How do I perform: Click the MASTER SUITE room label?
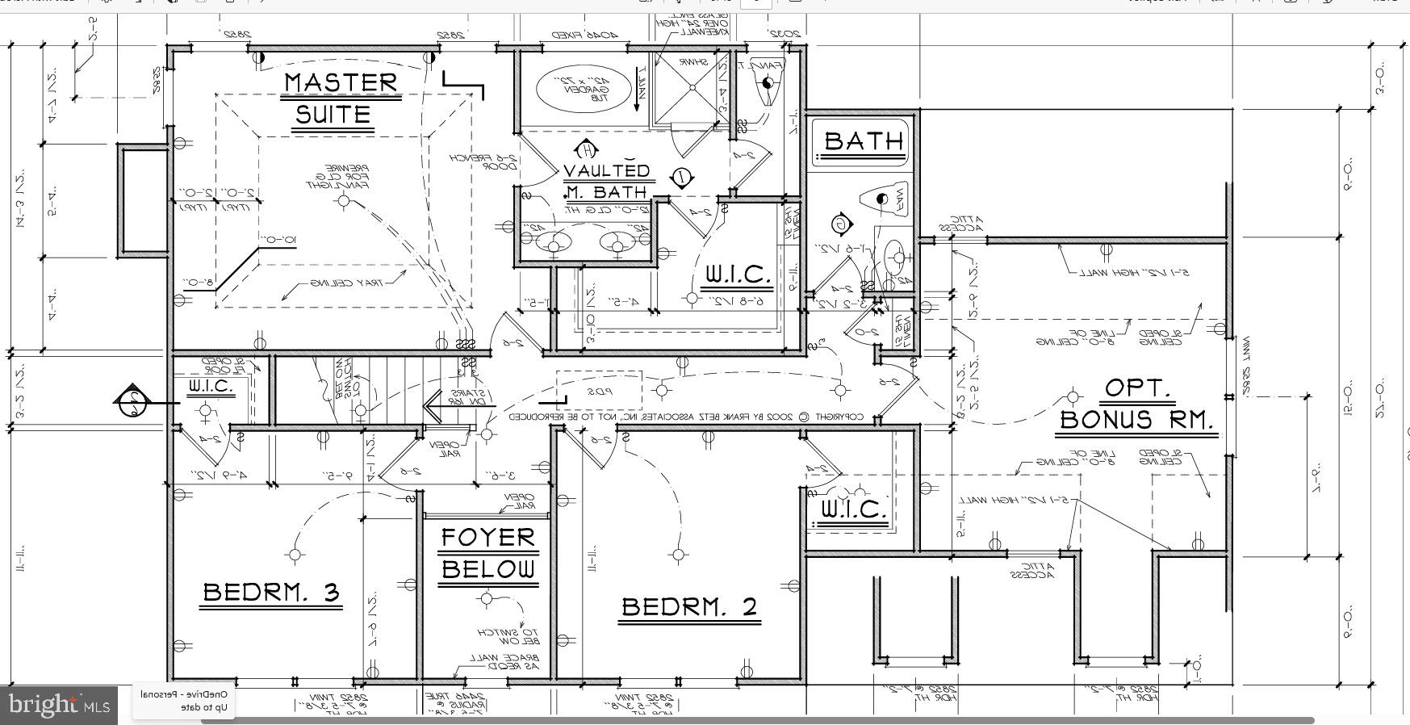[341, 98]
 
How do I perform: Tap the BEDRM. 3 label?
[271, 593]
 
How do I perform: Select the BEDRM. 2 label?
[690, 607]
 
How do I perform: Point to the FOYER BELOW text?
[487, 553]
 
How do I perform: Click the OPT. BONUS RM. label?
[1136, 405]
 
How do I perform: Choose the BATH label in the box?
[863, 141]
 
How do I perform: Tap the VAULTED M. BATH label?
[606, 182]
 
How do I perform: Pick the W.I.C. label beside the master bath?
[738, 275]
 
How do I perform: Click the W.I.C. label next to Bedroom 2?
[853, 510]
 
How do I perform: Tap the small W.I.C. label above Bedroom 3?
[211, 387]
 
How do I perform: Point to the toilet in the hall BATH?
[886, 199]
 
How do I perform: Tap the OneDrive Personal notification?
[185, 701]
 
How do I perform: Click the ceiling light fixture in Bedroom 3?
[295, 555]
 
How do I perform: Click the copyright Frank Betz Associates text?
[686, 417]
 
